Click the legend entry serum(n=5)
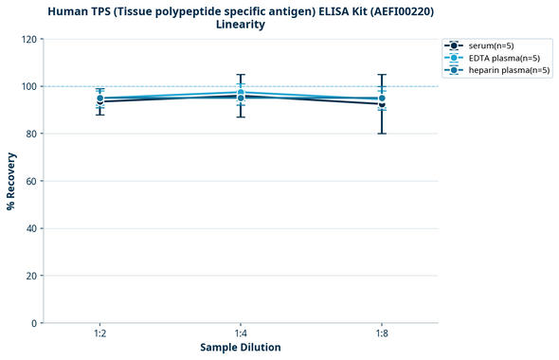491,45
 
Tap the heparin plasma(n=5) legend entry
509,70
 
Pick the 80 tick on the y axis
31,134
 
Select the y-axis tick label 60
31,181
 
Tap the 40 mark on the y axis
31,228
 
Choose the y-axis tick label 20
31,276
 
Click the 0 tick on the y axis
34,323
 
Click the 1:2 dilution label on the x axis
99,333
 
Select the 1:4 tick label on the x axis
241,333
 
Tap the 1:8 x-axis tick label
382,333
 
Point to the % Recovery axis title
11,181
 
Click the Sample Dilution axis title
241,348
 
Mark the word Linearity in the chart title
241,25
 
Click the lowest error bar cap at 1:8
382,134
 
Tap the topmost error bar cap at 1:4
241,75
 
